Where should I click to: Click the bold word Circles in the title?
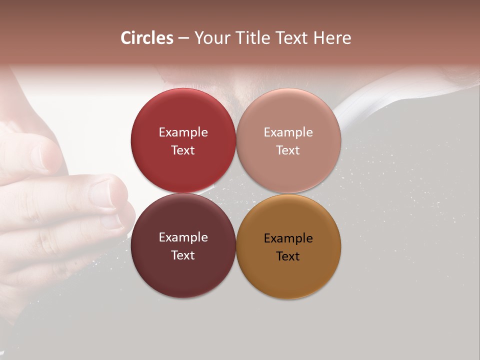tap(147, 38)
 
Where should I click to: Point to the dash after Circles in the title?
tap(183, 38)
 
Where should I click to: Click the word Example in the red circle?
tap(183, 132)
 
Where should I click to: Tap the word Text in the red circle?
tap(183, 150)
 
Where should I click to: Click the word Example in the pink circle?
tap(288, 132)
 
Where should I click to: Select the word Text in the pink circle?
tap(288, 150)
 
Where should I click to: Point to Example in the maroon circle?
tap(183, 237)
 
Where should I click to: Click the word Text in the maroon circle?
tap(183, 255)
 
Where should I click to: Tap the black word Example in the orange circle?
tap(288, 238)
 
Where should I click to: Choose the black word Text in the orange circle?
tap(288, 256)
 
